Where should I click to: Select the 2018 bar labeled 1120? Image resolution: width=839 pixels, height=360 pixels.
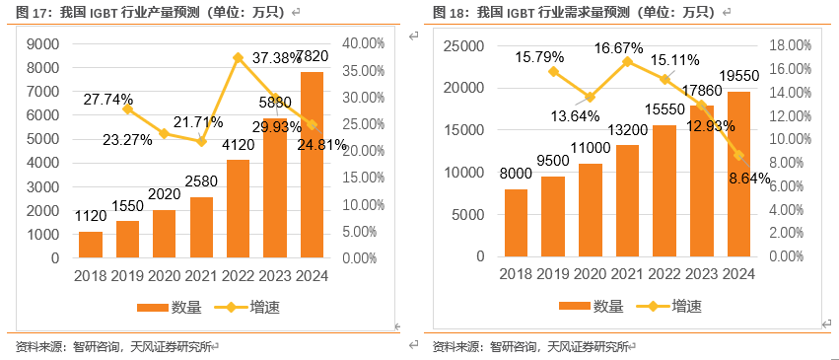coord(91,245)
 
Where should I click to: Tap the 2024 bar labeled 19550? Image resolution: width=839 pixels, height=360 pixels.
coord(739,174)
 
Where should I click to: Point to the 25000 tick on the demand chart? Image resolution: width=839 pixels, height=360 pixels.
coord(465,45)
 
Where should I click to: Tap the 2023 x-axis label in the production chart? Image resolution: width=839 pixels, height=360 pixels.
coord(274,275)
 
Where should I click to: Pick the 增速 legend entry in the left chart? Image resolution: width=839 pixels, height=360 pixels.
coord(247,307)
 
